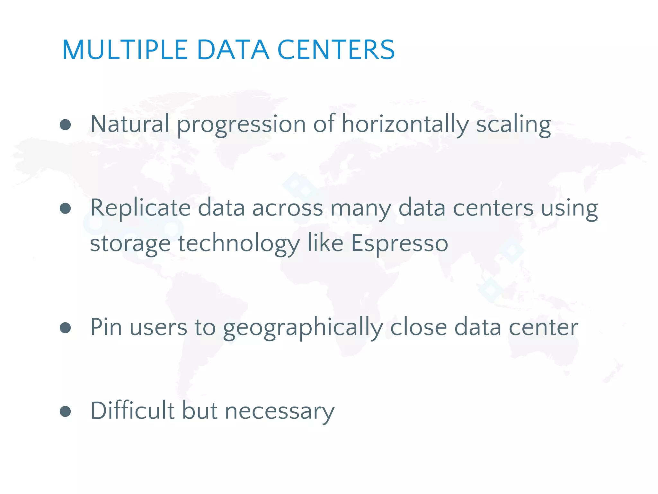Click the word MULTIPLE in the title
(x=125, y=50)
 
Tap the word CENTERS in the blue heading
(x=336, y=50)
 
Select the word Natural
(x=129, y=124)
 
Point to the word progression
(x=241, y=125)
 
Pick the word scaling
(x=513, y=125)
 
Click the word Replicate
(x=140, y=208)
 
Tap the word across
(x=287, y=208)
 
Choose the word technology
(x=239, y=244)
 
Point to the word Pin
(x=106, y=327)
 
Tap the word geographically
(x=303, y=328)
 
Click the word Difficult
(x=132, y=411)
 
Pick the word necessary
(x=280, y=412)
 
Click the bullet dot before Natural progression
(x=65, y=125)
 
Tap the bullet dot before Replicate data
(x=65, y=208)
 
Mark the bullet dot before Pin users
(x=65, y=328)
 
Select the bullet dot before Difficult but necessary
(x=65, y=411)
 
